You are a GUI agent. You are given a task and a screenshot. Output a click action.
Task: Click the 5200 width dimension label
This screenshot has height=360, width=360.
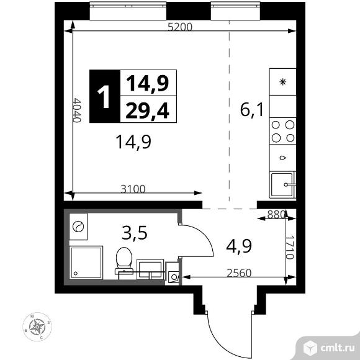(x=181, y=27)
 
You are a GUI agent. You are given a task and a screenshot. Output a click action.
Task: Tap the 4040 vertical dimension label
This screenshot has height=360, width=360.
(x=77, y=110)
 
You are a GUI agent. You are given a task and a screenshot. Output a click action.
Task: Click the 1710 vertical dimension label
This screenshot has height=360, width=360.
(x=289, y=245)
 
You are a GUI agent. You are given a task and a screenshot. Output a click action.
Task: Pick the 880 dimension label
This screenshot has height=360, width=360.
(x=275, y=215)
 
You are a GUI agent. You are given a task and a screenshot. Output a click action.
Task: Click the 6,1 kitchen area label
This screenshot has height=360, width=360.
(x=252, y=111)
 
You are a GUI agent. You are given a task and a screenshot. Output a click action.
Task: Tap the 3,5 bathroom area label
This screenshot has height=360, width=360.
(x=132, y=234)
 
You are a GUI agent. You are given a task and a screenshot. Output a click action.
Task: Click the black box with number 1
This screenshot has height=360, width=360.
(x=104, y=96)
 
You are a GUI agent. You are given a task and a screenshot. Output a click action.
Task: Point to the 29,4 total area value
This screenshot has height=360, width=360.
(x=150, y=110)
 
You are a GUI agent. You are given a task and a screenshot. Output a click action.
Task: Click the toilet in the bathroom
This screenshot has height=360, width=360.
(x=124, y=260)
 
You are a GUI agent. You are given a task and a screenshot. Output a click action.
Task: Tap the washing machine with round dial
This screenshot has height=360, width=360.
(x=79, y=227)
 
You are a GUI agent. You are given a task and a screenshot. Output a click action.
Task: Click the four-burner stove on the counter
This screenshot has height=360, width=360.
(x=282, y=131)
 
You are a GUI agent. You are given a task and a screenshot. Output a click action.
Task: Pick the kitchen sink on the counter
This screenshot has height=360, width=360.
(x=284, y=183)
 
